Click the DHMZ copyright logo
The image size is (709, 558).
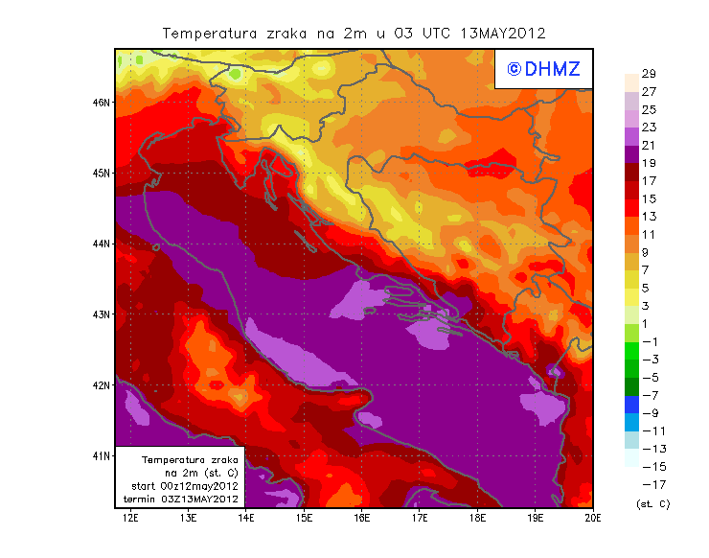tap(542, 68)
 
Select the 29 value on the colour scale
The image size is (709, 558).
tap(648, 74)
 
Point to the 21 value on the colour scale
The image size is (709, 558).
tap(648, 145)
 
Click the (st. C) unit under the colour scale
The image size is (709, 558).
tap(652, 503)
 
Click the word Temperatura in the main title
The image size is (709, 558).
tap(203, 33)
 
